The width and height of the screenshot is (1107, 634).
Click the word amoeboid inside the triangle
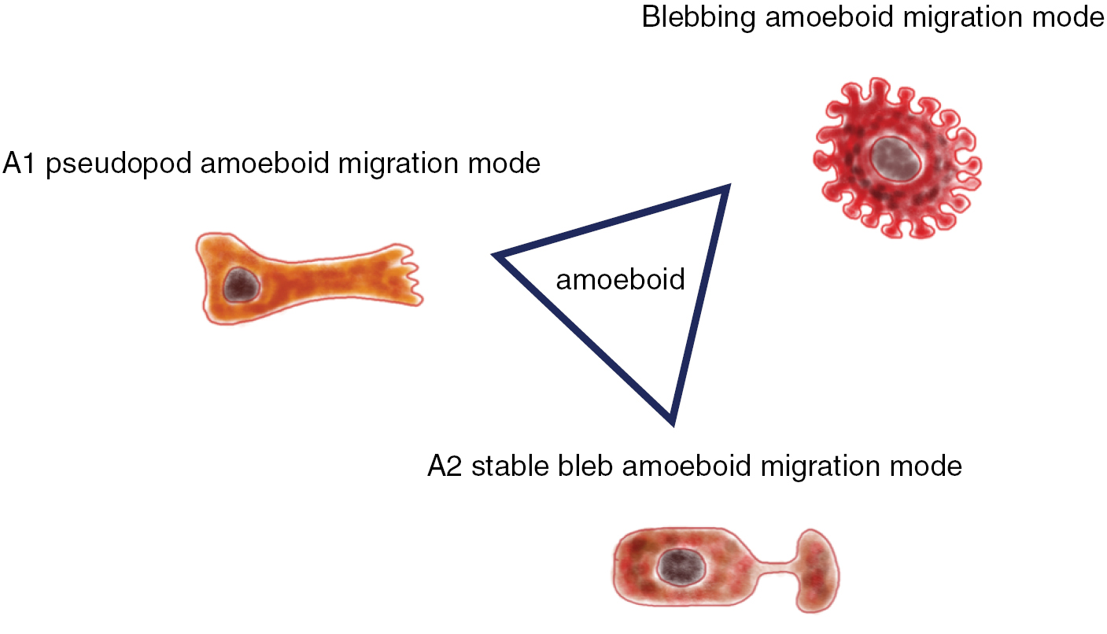point(621,279)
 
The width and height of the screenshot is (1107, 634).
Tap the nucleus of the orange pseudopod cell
point(241,284)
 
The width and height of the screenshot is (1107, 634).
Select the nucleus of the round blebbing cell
point(896,157)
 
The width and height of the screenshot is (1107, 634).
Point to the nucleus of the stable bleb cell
point(677,566)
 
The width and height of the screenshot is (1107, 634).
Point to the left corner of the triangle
point(498,256)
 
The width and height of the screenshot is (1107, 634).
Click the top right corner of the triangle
point(726,189)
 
